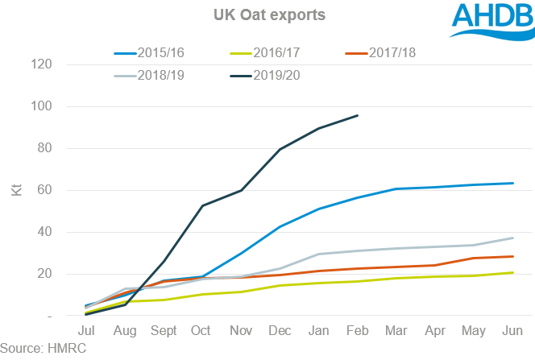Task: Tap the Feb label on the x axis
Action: (357, 331)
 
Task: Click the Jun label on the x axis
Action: (512, 331)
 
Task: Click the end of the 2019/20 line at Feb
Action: (357, 115)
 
